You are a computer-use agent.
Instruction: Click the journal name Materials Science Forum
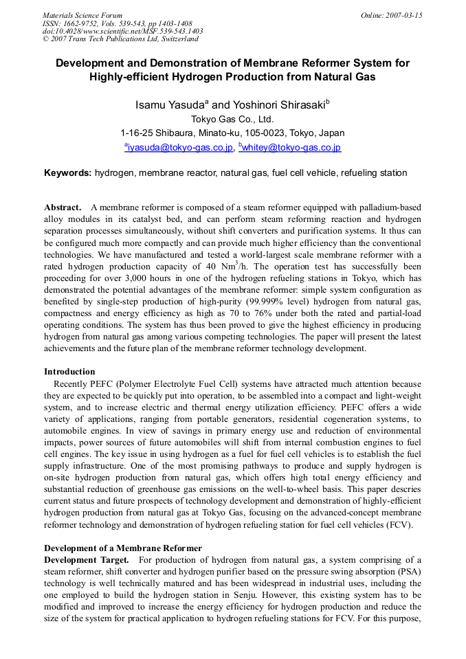click(x=82, y=15)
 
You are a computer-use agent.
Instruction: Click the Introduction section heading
click(x=69, y=372)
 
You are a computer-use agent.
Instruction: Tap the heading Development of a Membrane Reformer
click(x=123, y=548)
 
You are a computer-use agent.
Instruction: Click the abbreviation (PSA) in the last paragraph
click(x=407, y=572)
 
